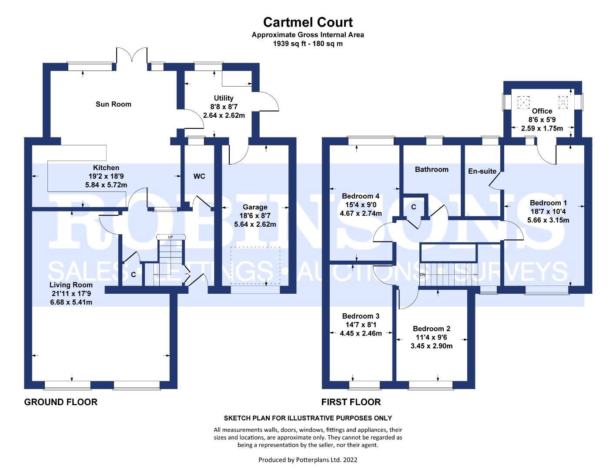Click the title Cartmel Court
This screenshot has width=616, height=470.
308,22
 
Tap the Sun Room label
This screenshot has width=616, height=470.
113,104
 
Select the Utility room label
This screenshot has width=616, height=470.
224,98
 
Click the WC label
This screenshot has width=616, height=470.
199,176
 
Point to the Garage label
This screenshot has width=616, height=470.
255,207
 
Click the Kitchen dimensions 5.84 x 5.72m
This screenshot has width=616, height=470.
106,185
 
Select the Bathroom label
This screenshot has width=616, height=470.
431,169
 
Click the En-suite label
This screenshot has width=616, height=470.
482,171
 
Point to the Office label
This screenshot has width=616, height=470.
542,111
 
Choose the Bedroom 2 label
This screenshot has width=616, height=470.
431,329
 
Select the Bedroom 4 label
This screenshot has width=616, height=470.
361,196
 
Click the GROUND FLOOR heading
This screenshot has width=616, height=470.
60,402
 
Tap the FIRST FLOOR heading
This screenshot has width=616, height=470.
351,402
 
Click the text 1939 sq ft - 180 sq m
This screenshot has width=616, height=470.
308,44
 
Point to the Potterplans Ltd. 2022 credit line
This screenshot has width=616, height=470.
308,460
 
